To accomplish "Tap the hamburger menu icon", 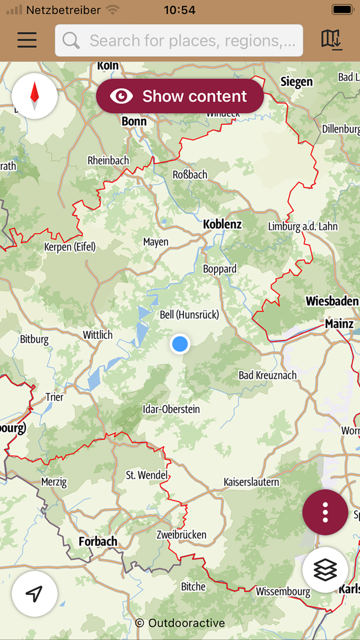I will [27, 40].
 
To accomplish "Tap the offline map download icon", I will [331, 40].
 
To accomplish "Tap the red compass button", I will [34, 96].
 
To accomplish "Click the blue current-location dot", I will [179, 344].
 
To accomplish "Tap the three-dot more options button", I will [325, 512].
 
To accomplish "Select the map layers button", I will [325, 570].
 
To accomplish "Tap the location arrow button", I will [34, 594].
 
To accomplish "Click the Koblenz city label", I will [222, 224].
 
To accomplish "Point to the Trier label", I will [55, 397].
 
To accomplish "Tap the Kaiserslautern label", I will [251, 482].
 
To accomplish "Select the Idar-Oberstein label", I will [171, 410].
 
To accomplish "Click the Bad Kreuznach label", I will [267, 375].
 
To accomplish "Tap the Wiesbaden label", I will [332, 301].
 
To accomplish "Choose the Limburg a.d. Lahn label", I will [303, 227].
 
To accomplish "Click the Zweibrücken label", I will [182, 535].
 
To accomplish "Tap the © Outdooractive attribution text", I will [180, 623].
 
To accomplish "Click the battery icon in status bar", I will [342, 9].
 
